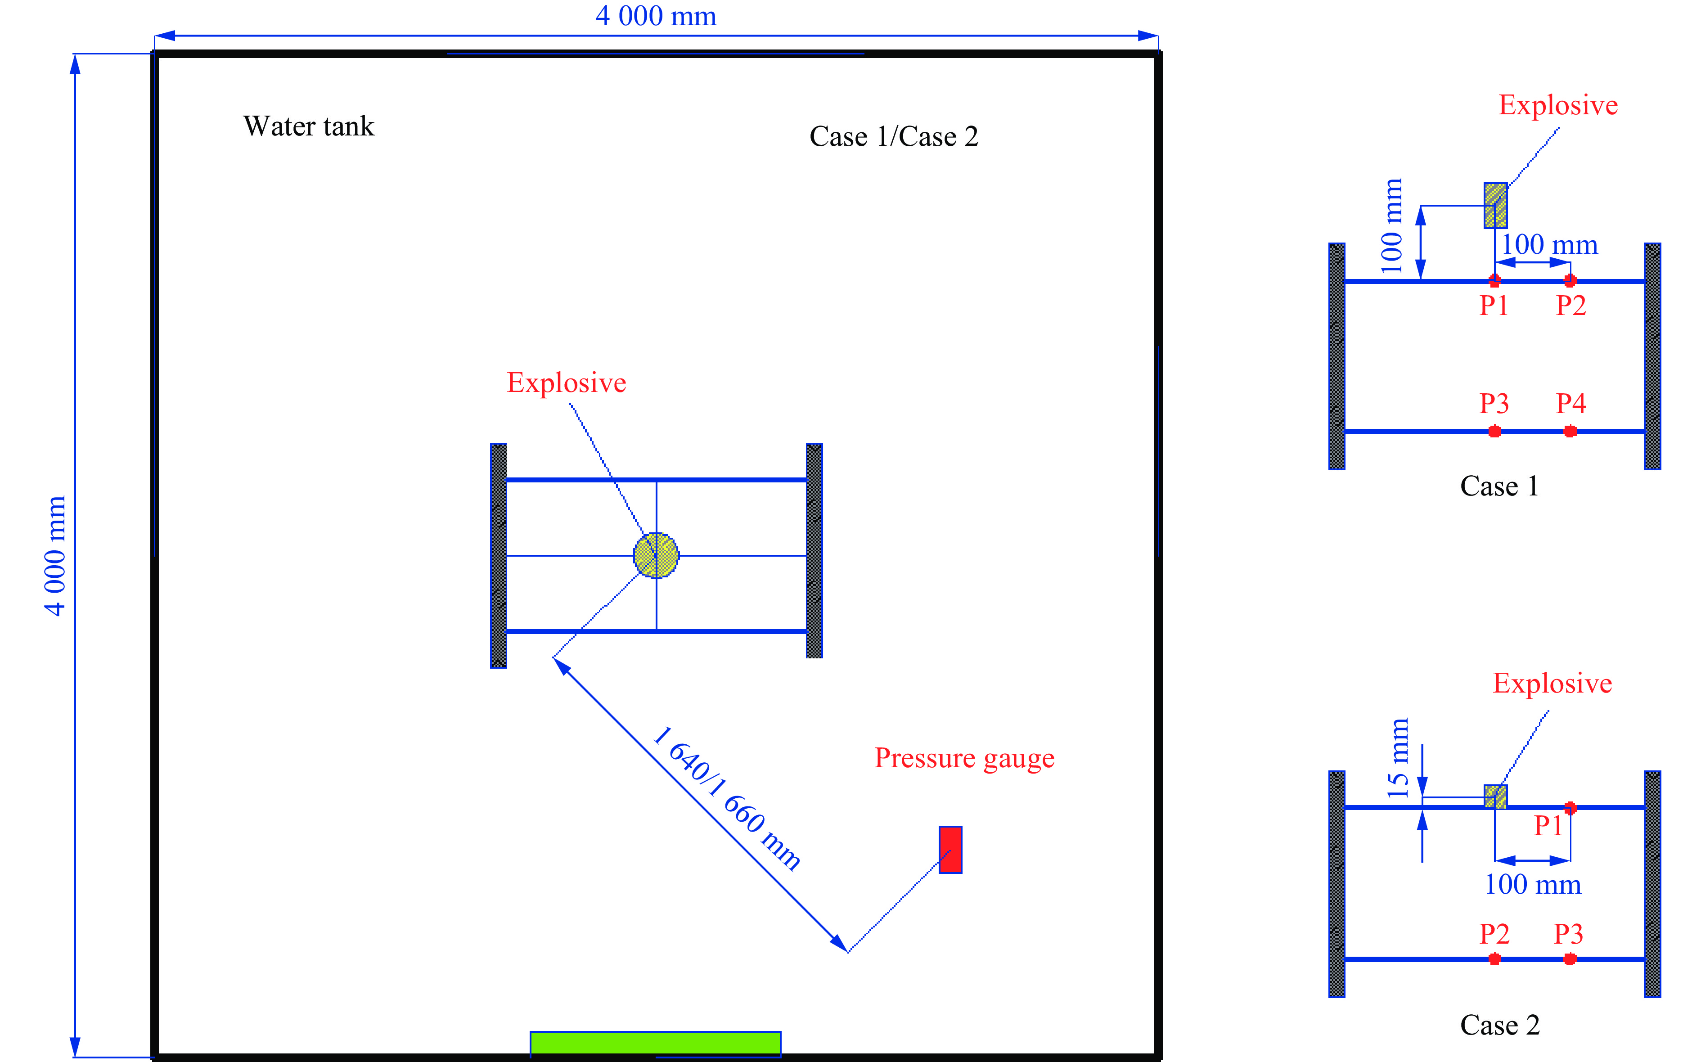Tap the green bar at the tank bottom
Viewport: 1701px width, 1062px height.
tap(655, 1043)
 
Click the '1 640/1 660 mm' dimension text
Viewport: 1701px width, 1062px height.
tap(726, 799)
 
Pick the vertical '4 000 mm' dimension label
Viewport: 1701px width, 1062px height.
tap(55, 556)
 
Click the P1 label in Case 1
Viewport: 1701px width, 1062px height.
tap(1494, 306)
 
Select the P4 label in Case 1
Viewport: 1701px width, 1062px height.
tap(1571, 403)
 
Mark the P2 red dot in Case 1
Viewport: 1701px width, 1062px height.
tap(1570, 280)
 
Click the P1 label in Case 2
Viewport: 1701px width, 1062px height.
tap(1548, 825)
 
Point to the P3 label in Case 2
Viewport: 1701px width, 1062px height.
tap(1568, 934)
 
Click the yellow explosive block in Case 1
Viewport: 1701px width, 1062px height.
tap(1495, 205)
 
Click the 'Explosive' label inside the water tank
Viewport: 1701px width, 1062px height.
tap(566, 383)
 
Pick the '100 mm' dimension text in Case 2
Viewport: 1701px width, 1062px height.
tap(1532, 884)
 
